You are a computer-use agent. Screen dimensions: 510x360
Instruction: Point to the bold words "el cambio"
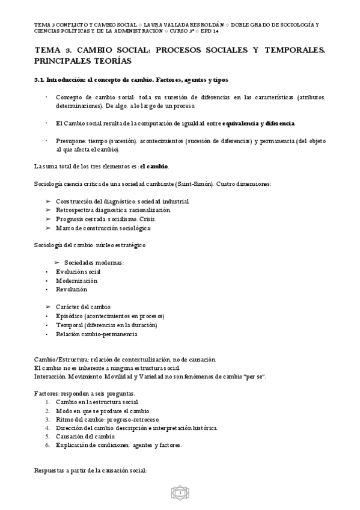click(x=154, y=166)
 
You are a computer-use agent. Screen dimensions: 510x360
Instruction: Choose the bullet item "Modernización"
click(x=76, y=280)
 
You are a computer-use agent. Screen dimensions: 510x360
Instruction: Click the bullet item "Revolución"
click(x=71, y=289)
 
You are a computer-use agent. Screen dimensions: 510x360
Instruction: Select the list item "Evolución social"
click(x=78, y=272)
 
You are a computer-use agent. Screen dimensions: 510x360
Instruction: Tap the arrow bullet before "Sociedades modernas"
click(x=57, y=263)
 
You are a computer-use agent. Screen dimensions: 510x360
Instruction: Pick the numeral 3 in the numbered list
click(x=47, y=419)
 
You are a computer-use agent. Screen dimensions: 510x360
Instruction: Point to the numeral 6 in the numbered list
click(x=47, y=445)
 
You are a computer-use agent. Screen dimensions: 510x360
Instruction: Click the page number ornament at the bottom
click(x=180, y=493)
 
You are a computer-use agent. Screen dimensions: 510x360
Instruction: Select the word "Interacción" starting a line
click(x=49, y=376)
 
